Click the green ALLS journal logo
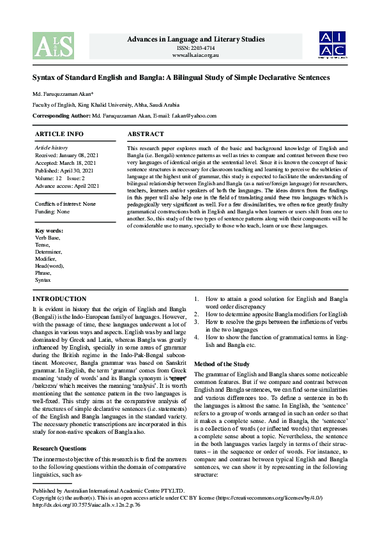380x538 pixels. (x=53, y=45)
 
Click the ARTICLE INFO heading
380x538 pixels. (x=59, y=134)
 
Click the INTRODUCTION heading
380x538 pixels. (x=59, y=299)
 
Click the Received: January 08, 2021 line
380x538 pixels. (x=66, y=155)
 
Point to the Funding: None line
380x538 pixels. (x=52, y=211)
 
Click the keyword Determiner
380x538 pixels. (x=49, y=252)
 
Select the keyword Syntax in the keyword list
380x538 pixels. (x=43, y=280)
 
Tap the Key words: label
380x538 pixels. (x=49, y=230)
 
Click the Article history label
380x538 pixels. (x=51, y=148)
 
